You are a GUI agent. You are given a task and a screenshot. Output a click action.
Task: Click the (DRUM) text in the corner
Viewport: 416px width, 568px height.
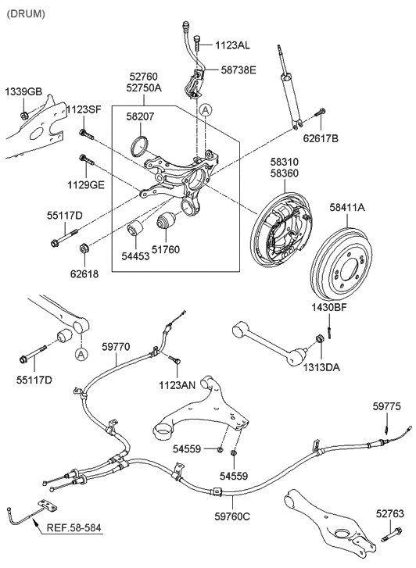(26, 14)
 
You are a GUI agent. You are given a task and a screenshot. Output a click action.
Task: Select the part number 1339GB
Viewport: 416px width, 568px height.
(23, 92)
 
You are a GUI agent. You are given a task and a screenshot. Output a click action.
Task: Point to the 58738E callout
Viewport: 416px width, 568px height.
(237, 70)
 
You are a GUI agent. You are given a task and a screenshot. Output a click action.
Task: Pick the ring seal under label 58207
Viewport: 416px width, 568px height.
(140, 146)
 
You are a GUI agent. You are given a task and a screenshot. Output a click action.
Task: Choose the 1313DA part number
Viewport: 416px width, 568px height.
(322, 365)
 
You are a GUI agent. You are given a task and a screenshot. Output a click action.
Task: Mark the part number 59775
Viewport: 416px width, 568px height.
(386, 406)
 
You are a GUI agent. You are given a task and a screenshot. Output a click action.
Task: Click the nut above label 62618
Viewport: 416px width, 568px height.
(84, 250)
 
